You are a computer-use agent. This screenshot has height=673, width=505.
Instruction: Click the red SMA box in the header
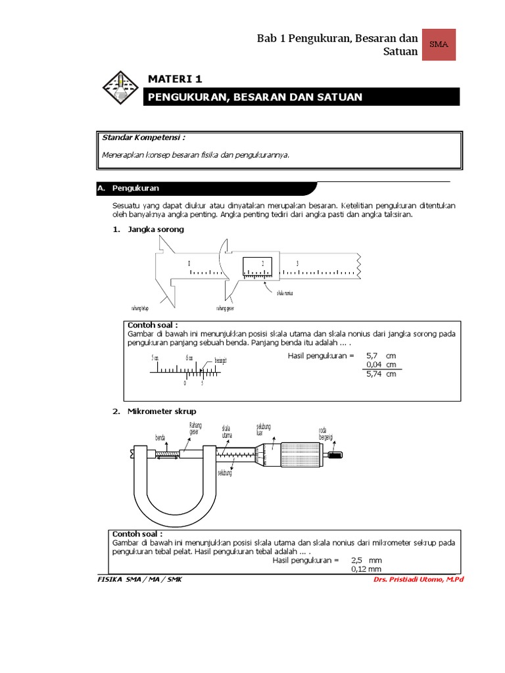pos(438,44)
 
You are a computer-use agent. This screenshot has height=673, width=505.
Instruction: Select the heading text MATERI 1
pos(174,79)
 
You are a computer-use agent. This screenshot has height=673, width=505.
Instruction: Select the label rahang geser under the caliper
pos(226,307)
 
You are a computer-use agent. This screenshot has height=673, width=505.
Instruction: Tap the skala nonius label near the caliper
pos(284,293)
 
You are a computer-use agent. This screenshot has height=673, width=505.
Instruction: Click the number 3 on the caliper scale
pos(297,264)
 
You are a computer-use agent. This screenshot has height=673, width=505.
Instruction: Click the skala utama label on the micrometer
pos(228,431)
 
